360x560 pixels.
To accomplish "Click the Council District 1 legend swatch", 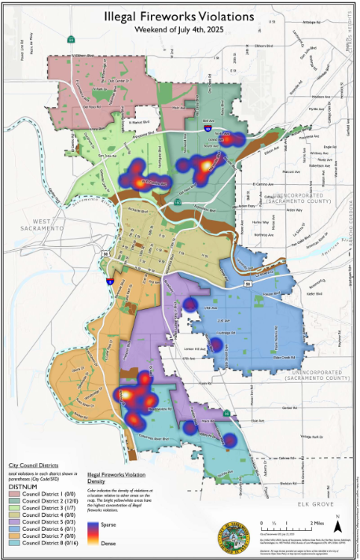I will (x=16, y=493).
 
